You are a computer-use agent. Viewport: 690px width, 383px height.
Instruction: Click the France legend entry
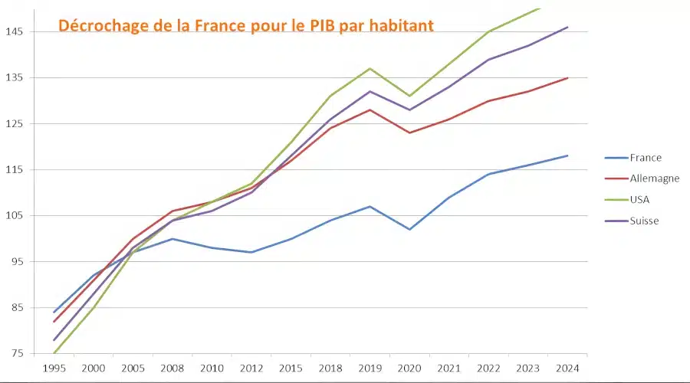(645, 158)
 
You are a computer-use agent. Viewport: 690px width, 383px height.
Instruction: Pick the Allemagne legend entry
(654, 178)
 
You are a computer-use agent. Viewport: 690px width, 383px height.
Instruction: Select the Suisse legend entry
(644, 221)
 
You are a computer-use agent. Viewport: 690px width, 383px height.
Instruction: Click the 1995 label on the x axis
(54, 368)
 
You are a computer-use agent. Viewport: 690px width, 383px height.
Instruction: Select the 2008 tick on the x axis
(172, 368)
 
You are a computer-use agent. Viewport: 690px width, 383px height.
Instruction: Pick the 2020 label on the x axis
(410, 368)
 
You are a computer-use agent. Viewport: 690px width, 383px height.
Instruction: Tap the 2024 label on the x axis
(567, 368)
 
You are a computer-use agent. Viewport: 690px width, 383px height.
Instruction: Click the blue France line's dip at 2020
(410, 229)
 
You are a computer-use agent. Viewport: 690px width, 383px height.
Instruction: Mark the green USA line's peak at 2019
(370, 68)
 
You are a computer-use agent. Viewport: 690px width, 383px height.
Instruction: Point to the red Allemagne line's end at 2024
(567, 77)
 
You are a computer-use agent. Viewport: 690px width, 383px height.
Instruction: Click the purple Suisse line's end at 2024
(567, 27)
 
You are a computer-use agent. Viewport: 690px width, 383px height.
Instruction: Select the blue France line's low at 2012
(251, 252)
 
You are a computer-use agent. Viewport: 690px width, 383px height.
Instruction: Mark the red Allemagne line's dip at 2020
(410, 133)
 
